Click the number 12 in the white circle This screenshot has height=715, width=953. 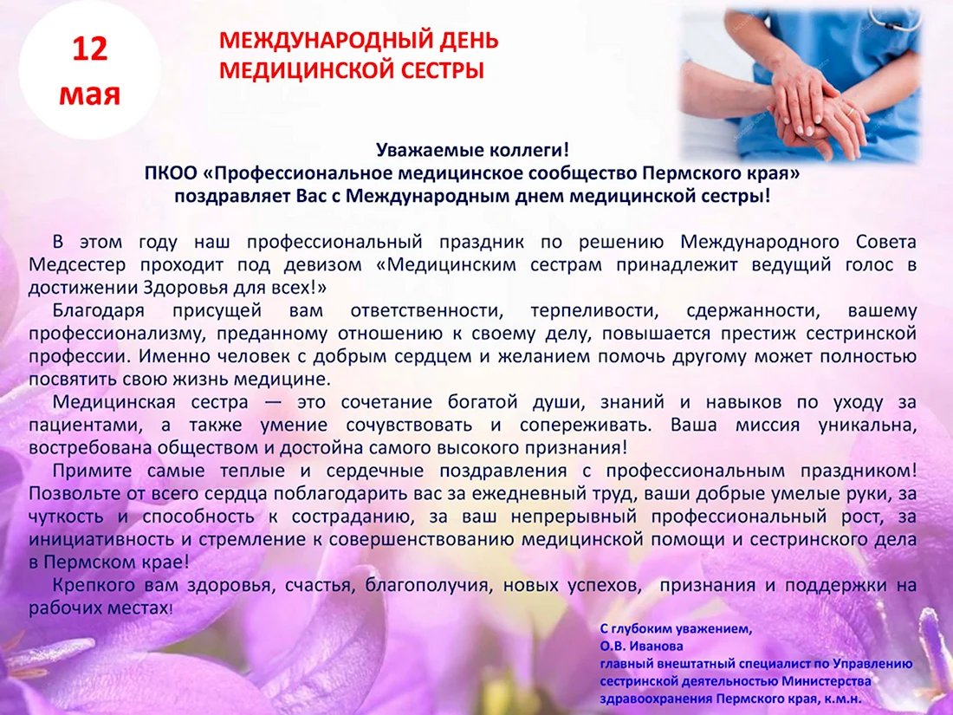pyautogui.click(x=90, y=49)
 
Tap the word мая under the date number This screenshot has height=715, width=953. pyautogui.click(x=90, y=95)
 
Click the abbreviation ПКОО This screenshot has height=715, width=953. pyautogui.click(x=171, y=173)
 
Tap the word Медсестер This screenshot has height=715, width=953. pyautogui.click(x=77, y=265)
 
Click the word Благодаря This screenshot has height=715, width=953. pyautogui.click(x=99, y=311)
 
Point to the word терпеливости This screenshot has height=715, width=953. pyautogui.click(x=594, y=311)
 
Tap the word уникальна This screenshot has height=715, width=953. pyautogui.click(x=867, y=426)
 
